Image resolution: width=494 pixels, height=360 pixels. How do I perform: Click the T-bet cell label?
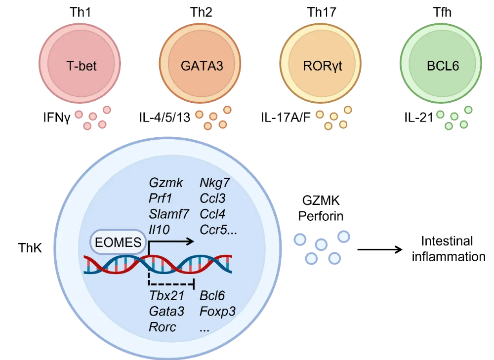point(81,66)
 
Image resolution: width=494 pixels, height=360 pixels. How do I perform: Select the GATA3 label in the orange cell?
point(202,66)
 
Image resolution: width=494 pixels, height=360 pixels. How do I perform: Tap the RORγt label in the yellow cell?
point(322,66)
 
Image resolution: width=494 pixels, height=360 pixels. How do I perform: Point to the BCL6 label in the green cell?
point(442,66)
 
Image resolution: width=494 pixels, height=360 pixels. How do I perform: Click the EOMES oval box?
point(118,242)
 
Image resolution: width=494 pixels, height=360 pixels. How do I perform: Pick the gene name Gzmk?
point(166,183)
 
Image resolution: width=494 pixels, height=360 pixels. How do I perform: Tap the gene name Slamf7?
point(169,214)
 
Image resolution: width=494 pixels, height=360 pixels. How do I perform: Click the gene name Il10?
point(159,230)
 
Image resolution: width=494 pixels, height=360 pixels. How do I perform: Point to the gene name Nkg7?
point(215,183)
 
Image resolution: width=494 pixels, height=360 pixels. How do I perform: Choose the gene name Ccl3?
point(213,199)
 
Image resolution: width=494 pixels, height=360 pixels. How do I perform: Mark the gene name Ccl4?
point(213,214)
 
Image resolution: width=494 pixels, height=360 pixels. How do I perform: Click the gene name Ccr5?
point(216,230)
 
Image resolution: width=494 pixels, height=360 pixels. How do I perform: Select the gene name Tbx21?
point(167,296)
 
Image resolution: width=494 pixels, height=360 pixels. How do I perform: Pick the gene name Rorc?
point(163,327)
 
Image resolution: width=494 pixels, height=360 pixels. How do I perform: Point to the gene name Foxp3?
point(218,311)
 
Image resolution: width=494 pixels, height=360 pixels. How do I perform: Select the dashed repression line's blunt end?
point(194,284)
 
